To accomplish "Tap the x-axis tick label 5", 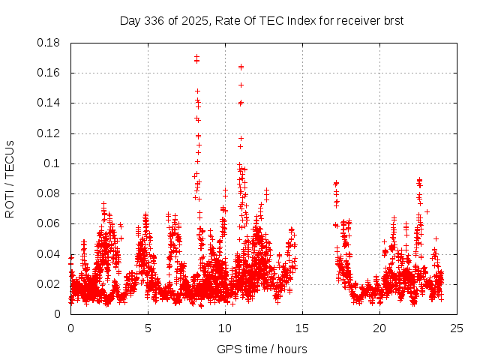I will [x=148, y=328].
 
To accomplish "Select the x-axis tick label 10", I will [x=225, y=328].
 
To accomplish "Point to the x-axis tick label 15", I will [x=302, y=328].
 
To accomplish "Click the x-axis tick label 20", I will [x=379, y=328].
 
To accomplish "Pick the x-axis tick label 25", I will [x=457, y=328].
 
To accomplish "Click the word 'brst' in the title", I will [x=394, y=21].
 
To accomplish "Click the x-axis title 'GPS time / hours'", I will [x=262, y=349].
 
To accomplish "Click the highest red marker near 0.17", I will [x=196, y=56].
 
